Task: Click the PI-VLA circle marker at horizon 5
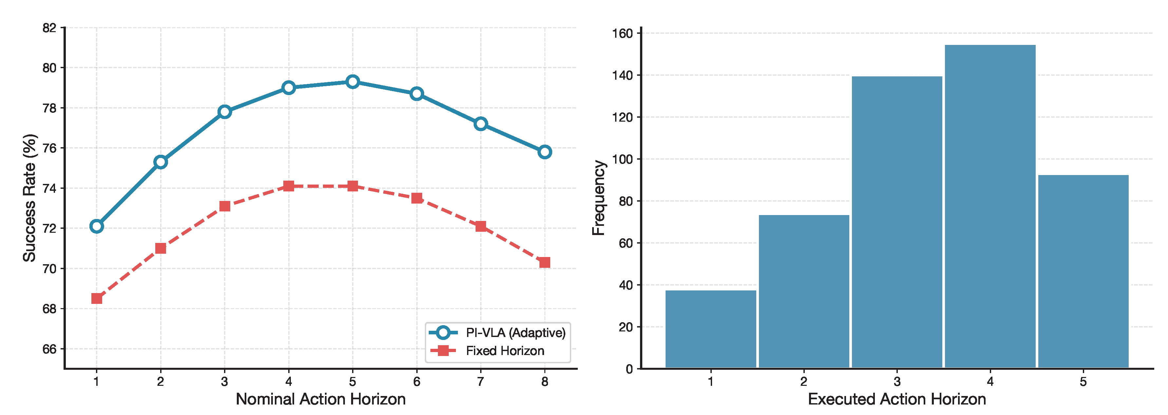pos(352,82)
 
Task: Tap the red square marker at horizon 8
pos(545,263)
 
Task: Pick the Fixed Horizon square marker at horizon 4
pos(288,186)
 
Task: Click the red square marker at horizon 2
pos(160,248)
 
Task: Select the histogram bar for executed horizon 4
pos(990,207)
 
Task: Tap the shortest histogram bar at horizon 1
pos(710,329)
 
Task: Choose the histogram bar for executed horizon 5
pos(1083,271)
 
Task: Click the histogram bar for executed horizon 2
pos(803,291)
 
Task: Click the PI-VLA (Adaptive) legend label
pos(516,333)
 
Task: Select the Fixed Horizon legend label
pos(505,351)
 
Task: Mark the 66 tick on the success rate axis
pos(49,349)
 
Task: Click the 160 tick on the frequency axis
pos(622,33)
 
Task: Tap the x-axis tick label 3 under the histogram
pos(897,382)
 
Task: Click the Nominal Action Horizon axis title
pos(321,400)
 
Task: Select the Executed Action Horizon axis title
pos(896,400)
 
